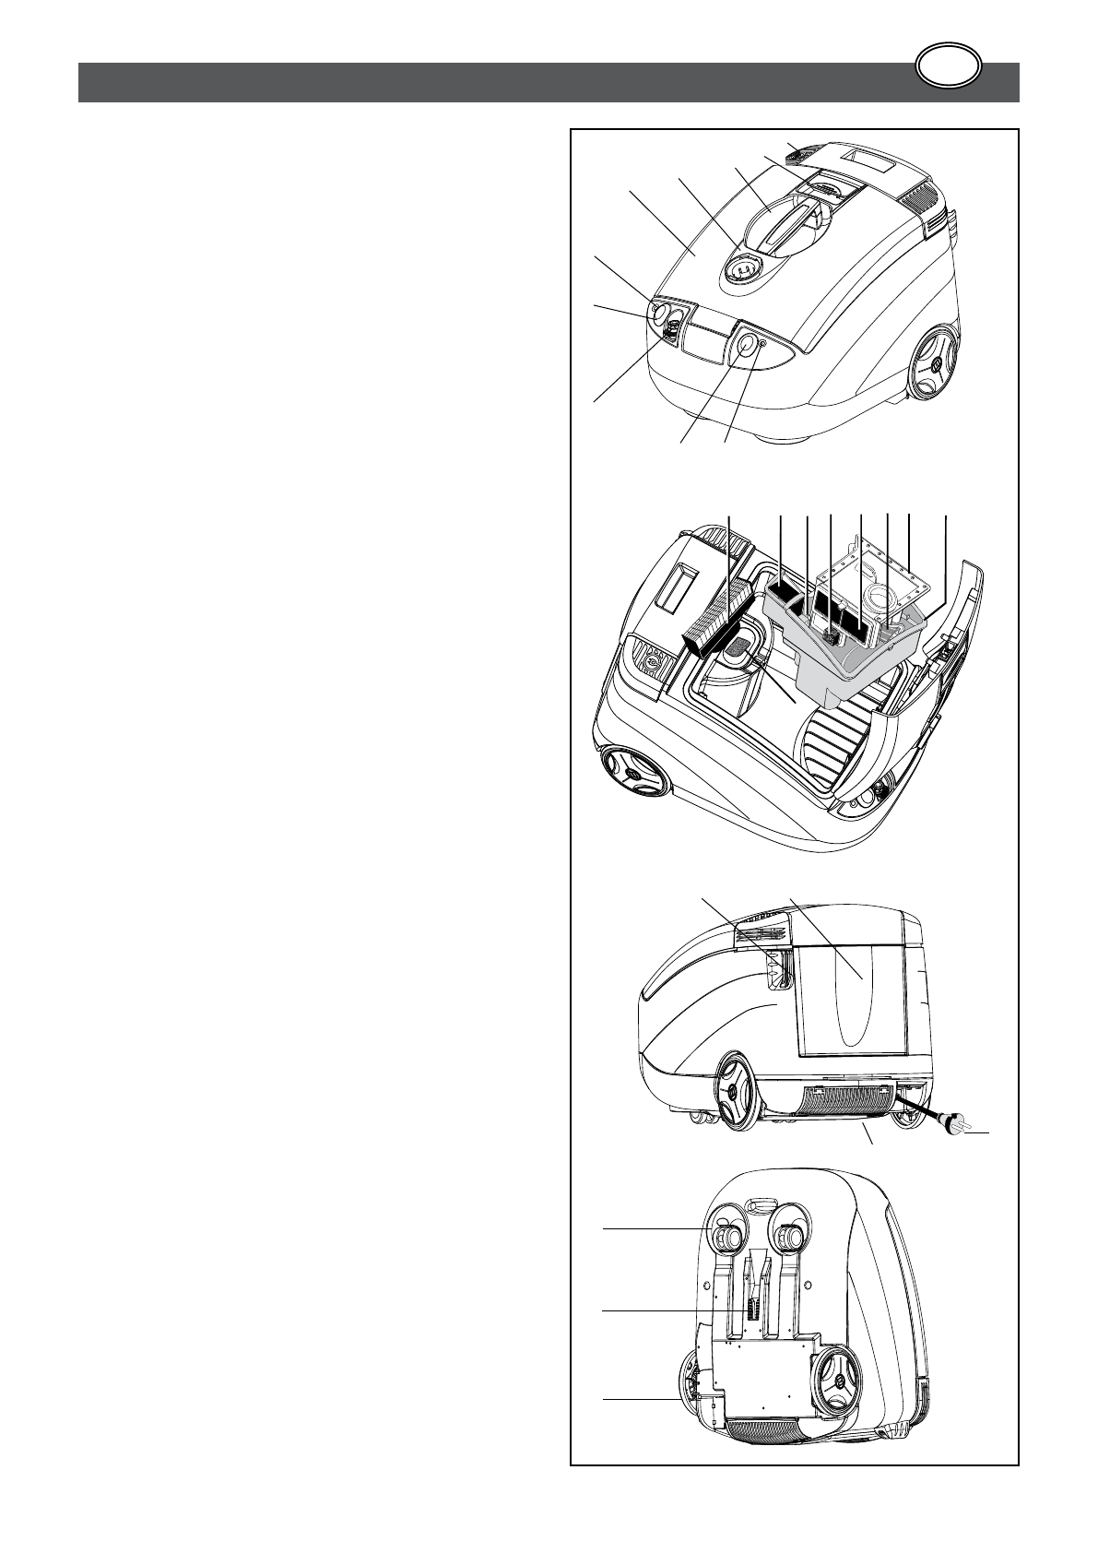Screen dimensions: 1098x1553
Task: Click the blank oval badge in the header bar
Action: coord(950,67)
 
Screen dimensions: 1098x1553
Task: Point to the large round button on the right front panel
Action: coord(742,344)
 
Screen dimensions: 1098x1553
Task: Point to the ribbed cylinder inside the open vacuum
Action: coord(835,748)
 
